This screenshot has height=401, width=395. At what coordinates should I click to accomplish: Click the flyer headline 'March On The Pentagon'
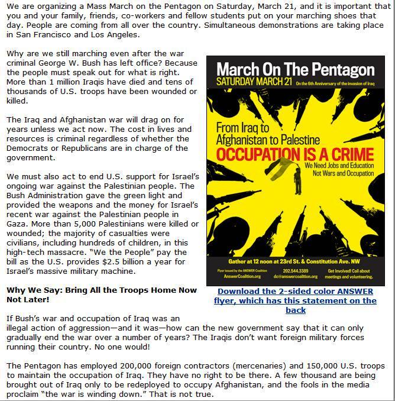pyautogui.click(x=295, y=69)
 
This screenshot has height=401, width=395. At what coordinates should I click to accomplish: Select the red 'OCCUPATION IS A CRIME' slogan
pyautogui.click(x=296, y=155)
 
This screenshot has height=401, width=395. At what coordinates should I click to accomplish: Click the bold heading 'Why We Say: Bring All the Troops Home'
pyautogui.click(x=102, y=290)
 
